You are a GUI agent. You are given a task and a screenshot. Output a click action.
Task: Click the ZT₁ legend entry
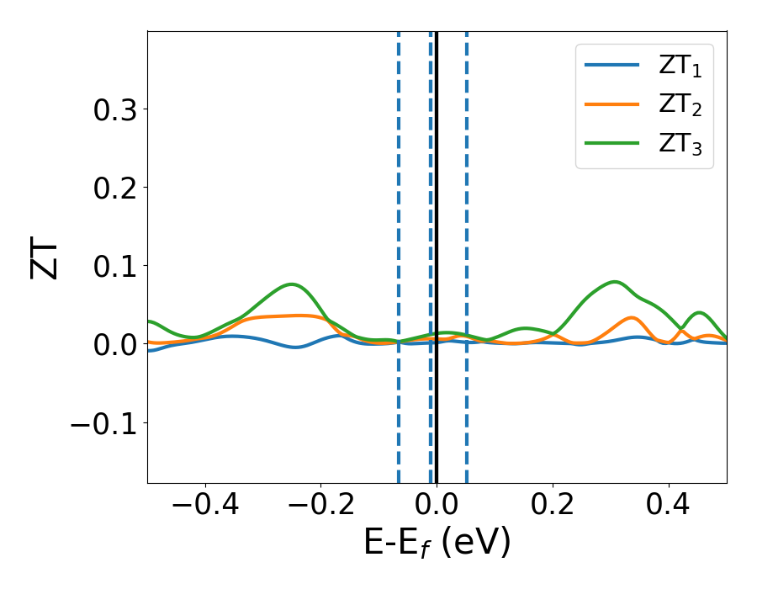click(643, 67)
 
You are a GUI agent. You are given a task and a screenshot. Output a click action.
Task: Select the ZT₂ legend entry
click(643, 106)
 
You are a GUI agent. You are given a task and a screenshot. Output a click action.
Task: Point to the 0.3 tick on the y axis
click(116, 109)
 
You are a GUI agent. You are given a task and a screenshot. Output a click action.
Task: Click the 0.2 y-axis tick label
click(116, 187)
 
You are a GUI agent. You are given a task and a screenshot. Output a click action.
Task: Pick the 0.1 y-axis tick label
click(116, 265)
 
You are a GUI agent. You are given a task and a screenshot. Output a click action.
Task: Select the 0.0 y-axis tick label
click(116, 343)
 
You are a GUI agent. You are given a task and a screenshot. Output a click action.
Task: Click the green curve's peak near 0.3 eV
click(615, 282)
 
